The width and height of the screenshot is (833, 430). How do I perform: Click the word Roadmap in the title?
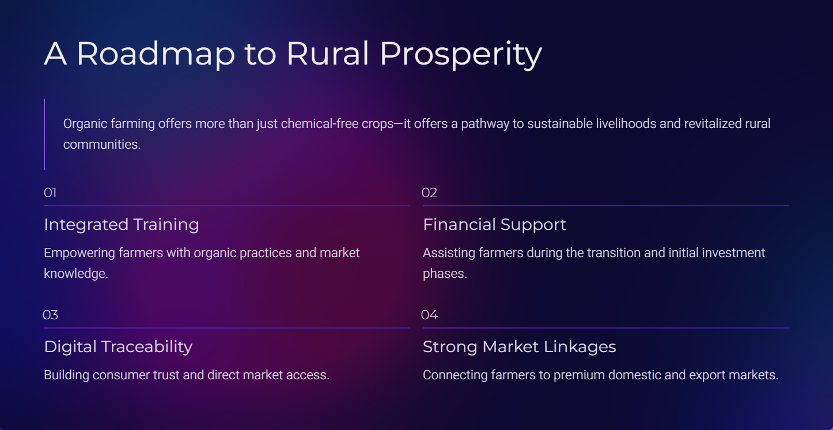156,54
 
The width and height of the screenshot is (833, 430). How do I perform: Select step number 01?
50,193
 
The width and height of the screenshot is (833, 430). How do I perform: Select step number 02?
429,193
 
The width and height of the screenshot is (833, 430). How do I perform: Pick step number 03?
50,315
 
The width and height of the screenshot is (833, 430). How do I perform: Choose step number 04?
430,315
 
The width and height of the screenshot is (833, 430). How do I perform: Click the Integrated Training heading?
122,225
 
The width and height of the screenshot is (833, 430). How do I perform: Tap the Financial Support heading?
495,225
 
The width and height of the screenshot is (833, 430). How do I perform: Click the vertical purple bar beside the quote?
44,135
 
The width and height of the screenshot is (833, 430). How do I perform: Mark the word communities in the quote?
102,144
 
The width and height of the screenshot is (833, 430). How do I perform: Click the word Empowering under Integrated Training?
79,253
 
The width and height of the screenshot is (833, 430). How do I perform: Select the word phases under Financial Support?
445,274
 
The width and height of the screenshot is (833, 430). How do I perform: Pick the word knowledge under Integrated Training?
76,274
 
